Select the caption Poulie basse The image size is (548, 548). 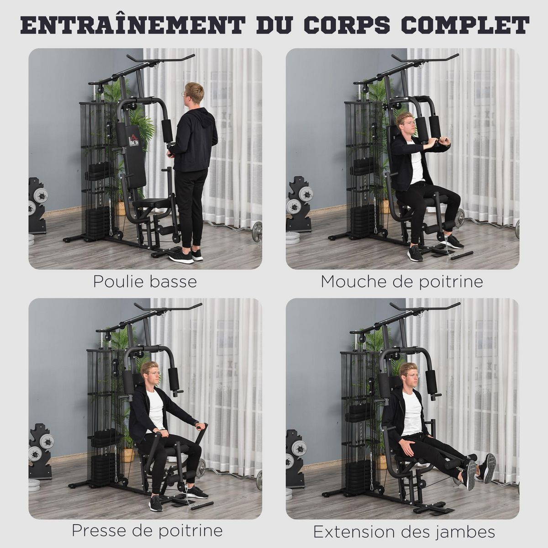coord(145,281)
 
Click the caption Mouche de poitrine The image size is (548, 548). coord(402,281)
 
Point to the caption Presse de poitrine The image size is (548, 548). coord(147,531)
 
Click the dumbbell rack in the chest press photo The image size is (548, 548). coord(40,450)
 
